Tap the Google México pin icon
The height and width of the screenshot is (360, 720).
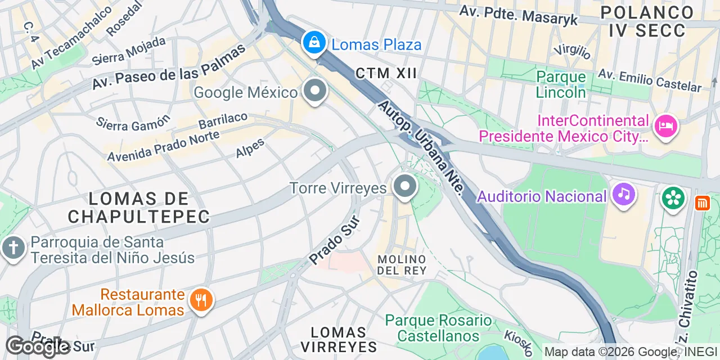pos(315,91)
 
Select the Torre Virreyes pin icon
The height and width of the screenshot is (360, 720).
pos(404,186)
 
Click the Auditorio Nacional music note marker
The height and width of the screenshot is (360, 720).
pos(623,194)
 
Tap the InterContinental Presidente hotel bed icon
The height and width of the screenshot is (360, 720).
pos(666,125)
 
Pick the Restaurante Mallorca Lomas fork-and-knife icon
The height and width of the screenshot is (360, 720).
pos(201,300)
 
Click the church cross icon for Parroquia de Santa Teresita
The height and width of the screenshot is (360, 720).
pos(13,247)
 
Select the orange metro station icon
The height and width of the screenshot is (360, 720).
pos(702,202)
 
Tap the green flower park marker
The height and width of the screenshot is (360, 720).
pos(673,197)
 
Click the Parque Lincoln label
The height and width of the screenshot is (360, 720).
pos(561,84)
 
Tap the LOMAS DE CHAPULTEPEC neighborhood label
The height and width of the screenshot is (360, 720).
pos(138,207)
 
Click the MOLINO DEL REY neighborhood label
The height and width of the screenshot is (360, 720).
pos(402,264)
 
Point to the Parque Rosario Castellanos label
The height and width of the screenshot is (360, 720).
pos(438,328)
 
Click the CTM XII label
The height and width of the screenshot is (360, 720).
pos(386,73)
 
